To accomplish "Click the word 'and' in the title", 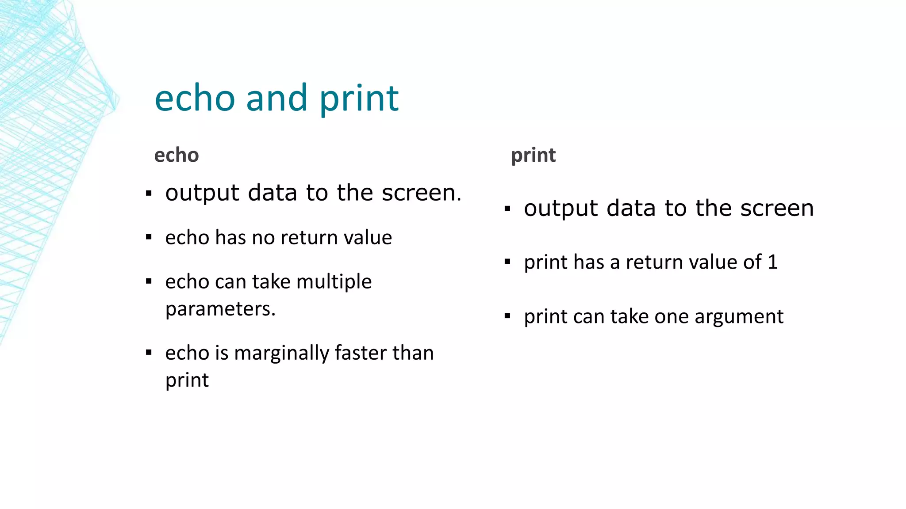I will tap(276, 98).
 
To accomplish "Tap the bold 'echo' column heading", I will tap(177, 155).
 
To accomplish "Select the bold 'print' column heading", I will tap(533, 155).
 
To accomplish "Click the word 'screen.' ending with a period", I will tap(422, 193).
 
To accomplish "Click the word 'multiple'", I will tap(334, 282).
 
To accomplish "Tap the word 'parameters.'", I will tap(220, 309).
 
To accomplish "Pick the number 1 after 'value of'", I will tap(772, 262).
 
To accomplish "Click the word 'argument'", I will tap(737, 317).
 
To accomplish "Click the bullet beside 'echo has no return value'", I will tap(149, 237).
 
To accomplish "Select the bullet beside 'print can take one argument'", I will tap(507, 316).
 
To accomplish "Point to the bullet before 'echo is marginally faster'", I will tap(149, 353).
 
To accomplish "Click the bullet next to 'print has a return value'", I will tap(507, 262).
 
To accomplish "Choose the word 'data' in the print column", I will tap(631, 208).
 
